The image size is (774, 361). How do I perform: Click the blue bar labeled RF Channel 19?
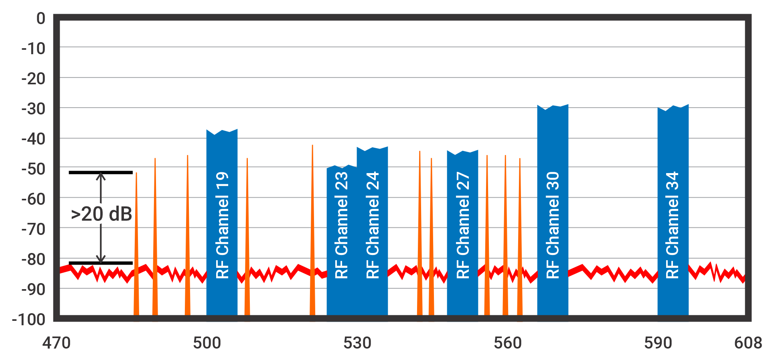[222, 225]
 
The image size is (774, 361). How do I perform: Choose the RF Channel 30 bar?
[553, 213]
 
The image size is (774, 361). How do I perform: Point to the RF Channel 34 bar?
[673, 213]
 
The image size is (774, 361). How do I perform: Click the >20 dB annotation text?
[101, 214]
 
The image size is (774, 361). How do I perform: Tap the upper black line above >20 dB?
[101, 173]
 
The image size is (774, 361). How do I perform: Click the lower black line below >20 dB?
[101, 263]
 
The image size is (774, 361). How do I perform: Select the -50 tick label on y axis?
[34, 169]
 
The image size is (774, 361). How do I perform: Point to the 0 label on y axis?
[41, 18]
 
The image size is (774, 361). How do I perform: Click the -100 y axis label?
[28, 320]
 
